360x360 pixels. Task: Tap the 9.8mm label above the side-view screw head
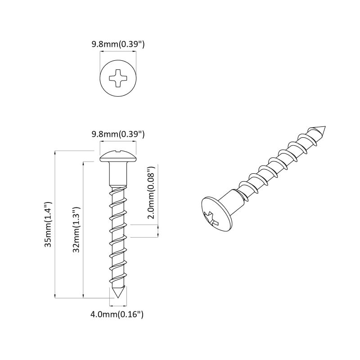[x=117, y=134]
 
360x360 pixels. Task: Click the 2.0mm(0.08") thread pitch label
[x=152, y=193]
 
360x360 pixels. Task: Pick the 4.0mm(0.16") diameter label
[x=117, y=315]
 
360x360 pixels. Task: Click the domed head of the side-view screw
[x=118, y=157]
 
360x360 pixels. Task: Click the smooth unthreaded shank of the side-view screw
[x=118, y=173]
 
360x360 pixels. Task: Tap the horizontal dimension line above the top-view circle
[x=117, y=52]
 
